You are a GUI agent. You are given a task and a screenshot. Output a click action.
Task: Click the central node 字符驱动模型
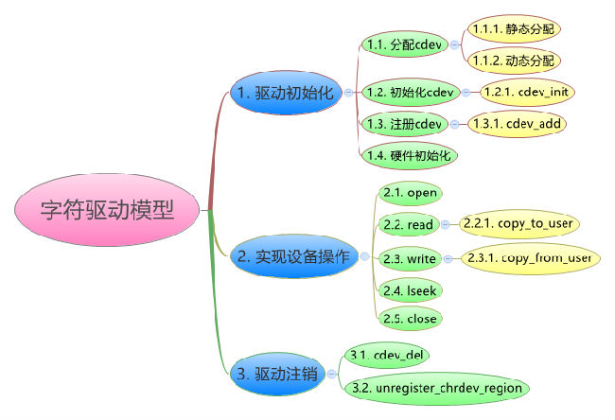[x=109, y=210]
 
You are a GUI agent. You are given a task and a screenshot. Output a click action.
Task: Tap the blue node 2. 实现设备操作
[x=290, y=256]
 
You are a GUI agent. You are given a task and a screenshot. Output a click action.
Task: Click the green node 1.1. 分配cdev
[x=404, y=44]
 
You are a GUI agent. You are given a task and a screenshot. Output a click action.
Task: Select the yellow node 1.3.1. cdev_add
[x=519, y=124]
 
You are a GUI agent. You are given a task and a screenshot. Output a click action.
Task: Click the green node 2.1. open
[x=410, y=193]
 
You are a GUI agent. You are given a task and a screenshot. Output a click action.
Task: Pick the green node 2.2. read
[x=409, y=225]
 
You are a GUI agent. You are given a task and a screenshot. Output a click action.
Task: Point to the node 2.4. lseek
[x=409, y=289]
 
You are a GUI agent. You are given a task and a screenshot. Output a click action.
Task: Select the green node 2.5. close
[x=409, y=319]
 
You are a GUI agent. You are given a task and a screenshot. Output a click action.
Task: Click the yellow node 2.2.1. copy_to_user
[x=518, y=225]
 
